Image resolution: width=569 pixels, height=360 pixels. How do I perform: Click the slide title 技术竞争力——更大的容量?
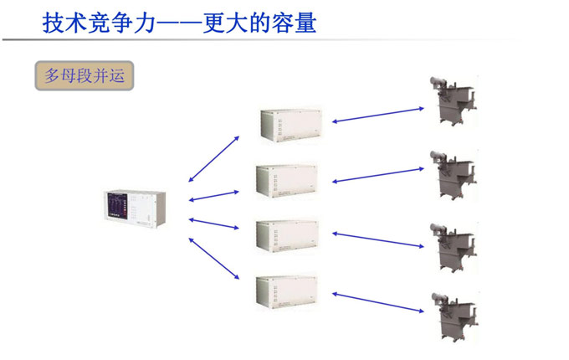179,22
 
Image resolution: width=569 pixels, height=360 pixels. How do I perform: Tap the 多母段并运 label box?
84,75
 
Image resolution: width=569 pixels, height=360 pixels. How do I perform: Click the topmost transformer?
451,100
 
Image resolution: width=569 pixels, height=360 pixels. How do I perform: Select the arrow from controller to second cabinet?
214,196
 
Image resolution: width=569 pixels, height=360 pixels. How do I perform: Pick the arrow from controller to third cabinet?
214,224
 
